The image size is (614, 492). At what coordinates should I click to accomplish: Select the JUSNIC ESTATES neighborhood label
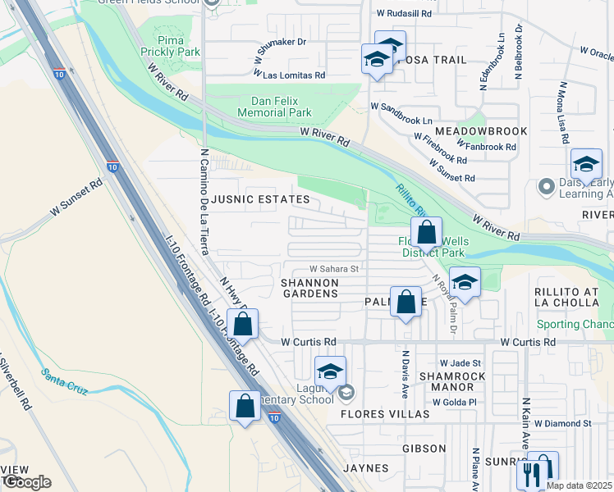coord(261,199)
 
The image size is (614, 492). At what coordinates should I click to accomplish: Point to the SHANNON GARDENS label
coord(309,287)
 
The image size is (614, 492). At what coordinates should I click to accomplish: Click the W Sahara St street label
coord(334,268)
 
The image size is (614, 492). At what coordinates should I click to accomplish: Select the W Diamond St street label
coord(562,423)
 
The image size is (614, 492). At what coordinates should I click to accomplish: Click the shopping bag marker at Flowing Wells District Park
coord(427,233)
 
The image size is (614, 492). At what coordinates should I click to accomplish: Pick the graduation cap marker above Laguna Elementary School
coord(330,371)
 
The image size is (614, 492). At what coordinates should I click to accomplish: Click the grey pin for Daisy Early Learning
coord(547,187)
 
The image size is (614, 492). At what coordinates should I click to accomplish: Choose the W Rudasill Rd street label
coord(404,14)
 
